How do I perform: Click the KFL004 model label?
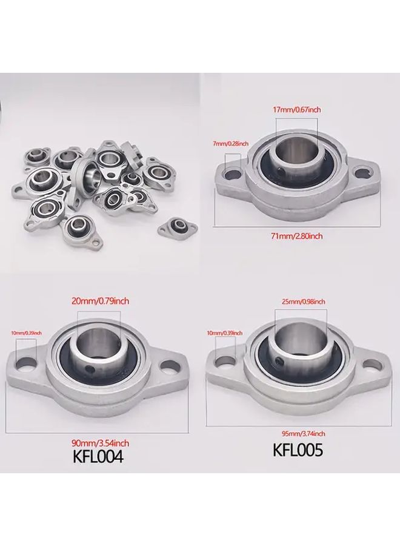tap(98, 456)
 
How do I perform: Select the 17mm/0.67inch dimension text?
tap(296, 110)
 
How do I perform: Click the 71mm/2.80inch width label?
tap(296, 236)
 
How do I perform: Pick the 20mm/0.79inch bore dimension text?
tap(100, 300)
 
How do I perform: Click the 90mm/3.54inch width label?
tap(100, 443)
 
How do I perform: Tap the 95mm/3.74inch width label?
tap(304, 434)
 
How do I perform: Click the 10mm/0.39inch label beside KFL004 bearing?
tap(27, 333)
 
